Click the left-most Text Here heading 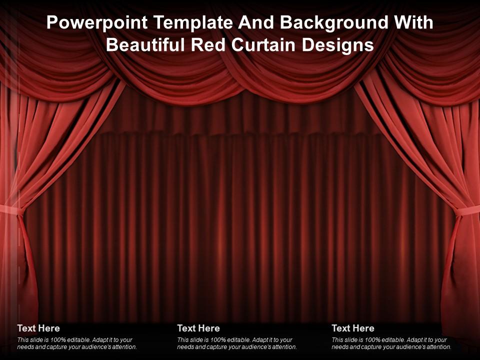(38, 328)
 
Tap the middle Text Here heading (198, 328)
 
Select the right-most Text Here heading (353, 328)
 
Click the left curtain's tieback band (11, 209)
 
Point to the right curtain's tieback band (467, 211)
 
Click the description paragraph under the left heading (77, 343)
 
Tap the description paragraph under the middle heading (237, 343)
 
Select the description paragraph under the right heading (391, 343)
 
